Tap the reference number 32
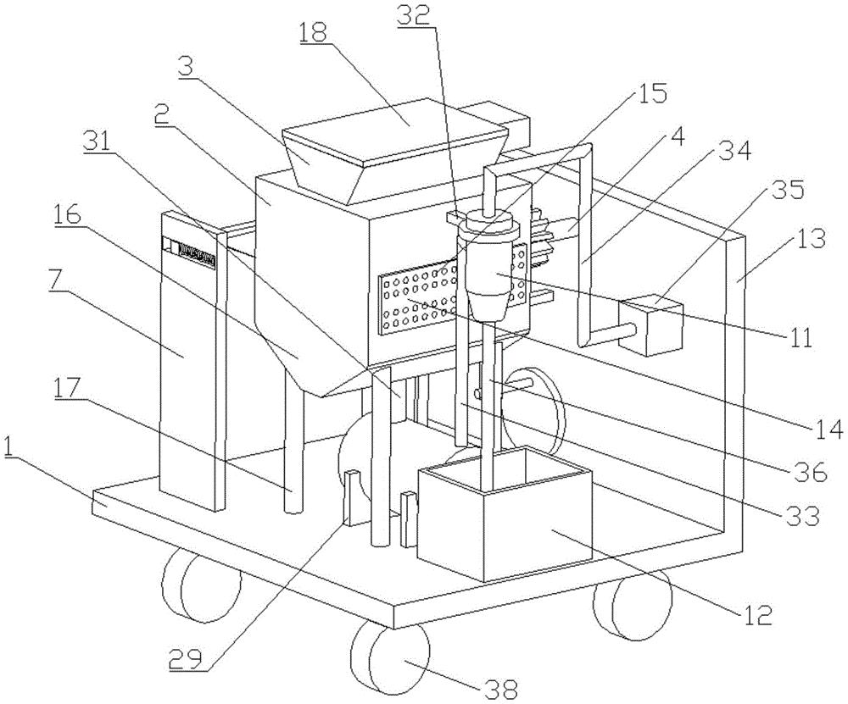click(x=414, y=15)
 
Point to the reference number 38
click(x=498, y=689)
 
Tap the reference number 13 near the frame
click(x=809, y=238)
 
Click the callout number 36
click(x=809, y=472)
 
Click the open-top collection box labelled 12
click(x=505, y=514)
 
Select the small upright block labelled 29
click(x=352, y=497)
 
